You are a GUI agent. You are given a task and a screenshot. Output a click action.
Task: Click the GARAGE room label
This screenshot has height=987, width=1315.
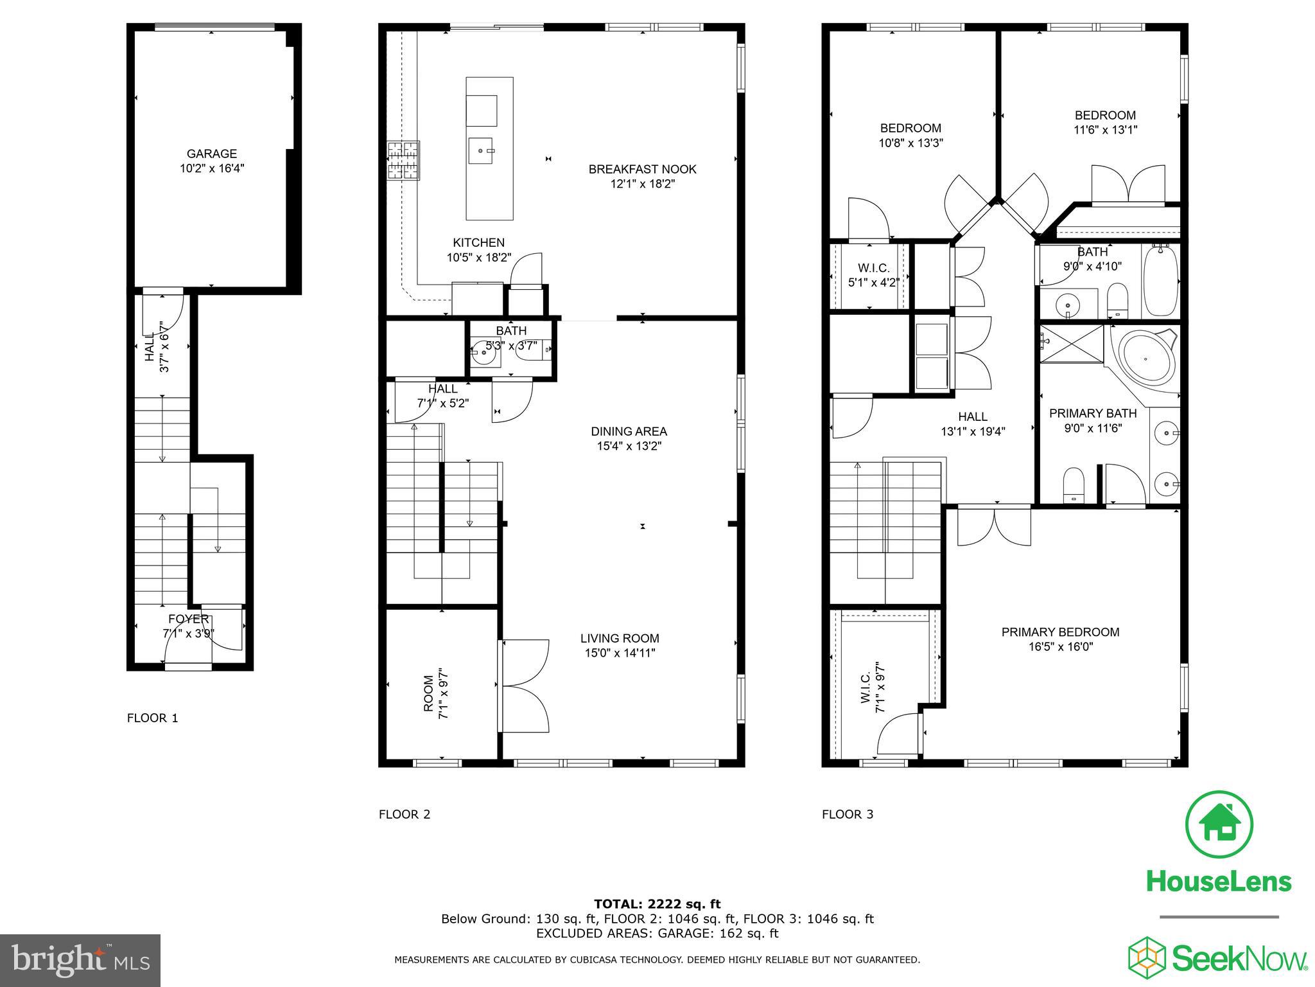pyautogui.click(x=211, y=154)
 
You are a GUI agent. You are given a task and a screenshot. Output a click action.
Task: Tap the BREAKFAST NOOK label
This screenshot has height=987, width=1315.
pyautogui.click(x=642, y=169)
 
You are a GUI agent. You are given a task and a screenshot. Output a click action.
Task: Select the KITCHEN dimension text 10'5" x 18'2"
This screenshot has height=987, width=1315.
pyautogui.click(x=479, y=258)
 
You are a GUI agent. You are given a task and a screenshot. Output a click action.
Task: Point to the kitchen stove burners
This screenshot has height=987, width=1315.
pyautogui.click(x=403, y=160)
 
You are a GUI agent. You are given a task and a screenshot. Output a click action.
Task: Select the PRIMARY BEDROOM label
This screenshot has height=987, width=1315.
pyautogui.click(x=1060, y=632)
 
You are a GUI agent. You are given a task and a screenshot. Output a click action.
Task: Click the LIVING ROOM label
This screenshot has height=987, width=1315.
pyautogui.click(x=620, y=638)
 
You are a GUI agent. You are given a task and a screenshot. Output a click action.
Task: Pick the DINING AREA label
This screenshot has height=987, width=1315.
pyautogui.click(x=629, y=431)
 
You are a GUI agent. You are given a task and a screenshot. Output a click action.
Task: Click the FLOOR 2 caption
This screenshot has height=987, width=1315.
pyautogui.click(x=404, y=814)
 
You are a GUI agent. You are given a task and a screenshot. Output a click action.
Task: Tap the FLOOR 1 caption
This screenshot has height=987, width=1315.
pyautogui.click(x=152, y=718)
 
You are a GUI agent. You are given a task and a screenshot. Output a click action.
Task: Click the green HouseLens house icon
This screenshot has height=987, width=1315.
pyautogui.click(x=1219, y=824)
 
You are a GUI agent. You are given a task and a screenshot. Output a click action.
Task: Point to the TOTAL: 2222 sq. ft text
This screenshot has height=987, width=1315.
pyautogui.click(x=657, y=904)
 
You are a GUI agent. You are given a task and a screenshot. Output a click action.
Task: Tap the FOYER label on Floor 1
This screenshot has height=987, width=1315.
pyautogui.click(x=188, y=619)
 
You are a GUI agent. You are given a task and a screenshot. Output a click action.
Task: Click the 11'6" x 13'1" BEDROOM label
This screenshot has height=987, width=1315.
pyautogui.click(x=1105, y=115)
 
